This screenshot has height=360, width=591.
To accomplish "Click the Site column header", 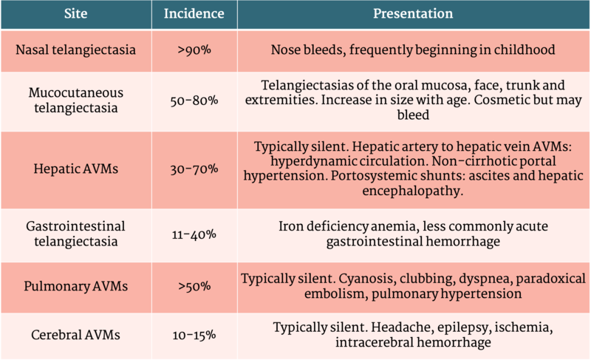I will point(76,14).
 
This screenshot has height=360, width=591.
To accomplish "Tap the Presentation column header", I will point(413,14).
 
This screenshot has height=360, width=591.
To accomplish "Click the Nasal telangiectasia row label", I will point(76,51).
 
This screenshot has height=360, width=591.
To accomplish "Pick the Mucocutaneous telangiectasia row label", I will point(76,101).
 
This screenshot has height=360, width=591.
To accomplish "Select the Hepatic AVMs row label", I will point(76,169).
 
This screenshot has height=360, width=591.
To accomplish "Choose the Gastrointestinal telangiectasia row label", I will point(76,234).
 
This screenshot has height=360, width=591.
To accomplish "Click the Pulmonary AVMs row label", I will point(76,286).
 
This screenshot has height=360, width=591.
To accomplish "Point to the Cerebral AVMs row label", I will point(76,335).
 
